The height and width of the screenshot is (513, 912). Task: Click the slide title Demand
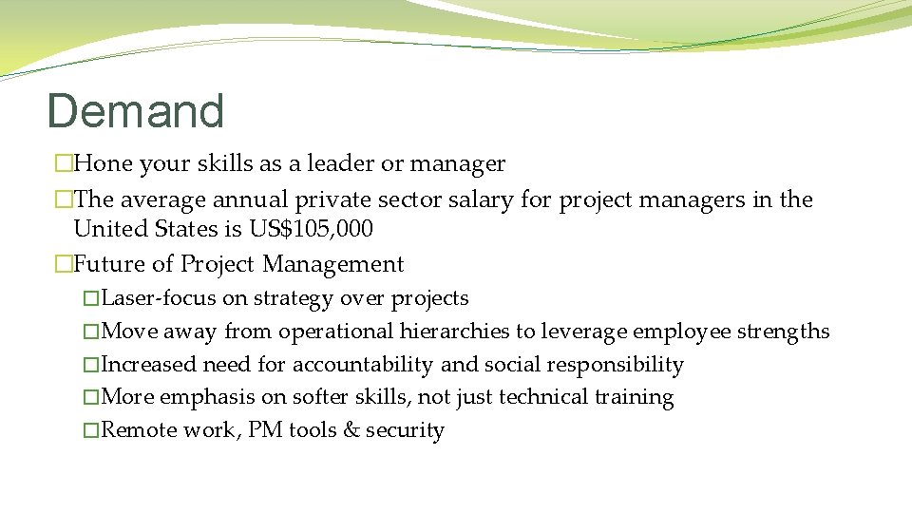[135, 111]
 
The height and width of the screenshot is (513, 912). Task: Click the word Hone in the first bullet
[103, 164]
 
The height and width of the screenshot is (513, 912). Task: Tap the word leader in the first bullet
[339, 164]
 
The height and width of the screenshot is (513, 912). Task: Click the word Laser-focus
[158, 298]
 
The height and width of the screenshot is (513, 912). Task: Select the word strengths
[784, 332]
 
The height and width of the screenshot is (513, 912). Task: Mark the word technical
[541, 397]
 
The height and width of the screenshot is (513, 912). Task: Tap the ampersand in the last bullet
[351, 430]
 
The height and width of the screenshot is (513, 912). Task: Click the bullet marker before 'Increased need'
[90, 365]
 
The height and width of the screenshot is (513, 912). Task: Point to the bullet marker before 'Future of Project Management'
[64, 264]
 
